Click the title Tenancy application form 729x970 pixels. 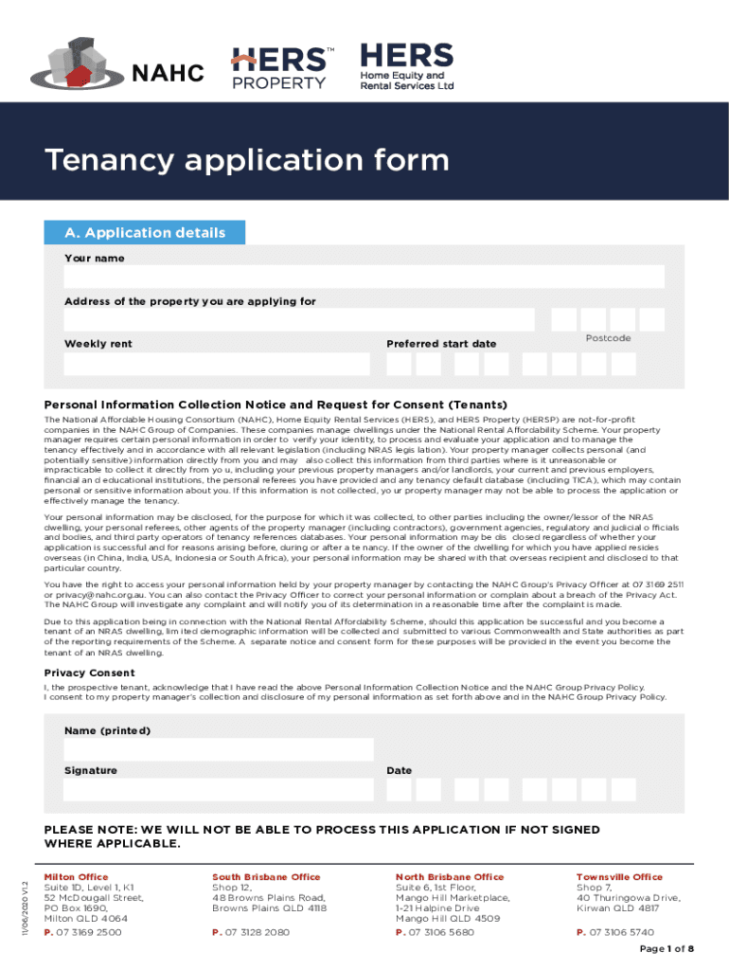(x=247, y=159)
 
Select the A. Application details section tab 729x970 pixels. (x=145, y=233)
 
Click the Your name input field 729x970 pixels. (x=364, y=277)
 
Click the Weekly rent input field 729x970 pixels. (x=217, y=364)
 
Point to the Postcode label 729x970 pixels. (x=608, y=338)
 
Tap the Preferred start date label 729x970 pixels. (x=441, y=344)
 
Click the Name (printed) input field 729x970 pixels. (x=219, y=750)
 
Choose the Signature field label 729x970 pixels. (x=91, y=770)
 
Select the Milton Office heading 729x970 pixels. (x=77, y=877)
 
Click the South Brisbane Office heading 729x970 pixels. (x=266, y=877)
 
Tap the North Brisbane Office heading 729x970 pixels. (x=450, y=877)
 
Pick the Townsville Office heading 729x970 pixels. (x=619, y=877)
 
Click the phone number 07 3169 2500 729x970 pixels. (x=88, y=932)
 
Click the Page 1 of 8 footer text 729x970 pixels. (x=667, y=949)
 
